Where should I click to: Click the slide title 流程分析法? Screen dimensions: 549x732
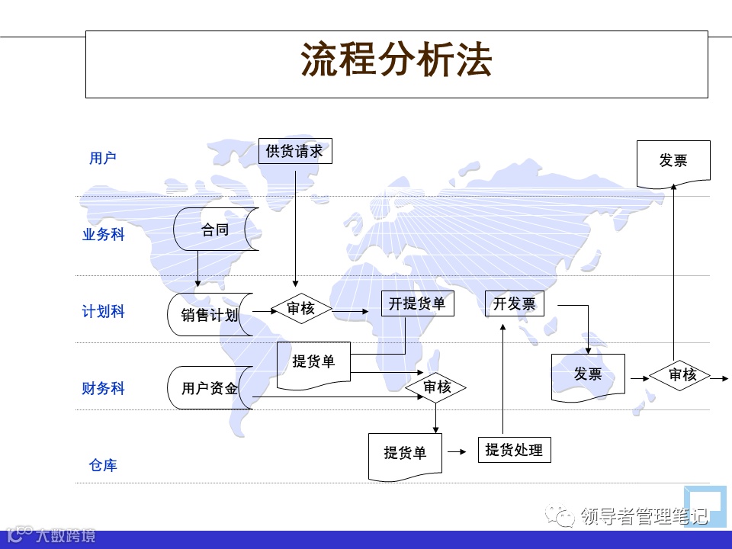[396, 61]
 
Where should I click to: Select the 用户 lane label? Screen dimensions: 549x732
[103, 158]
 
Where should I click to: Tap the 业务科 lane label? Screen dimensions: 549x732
[103, 235]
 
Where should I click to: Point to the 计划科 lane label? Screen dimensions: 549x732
[103, 312]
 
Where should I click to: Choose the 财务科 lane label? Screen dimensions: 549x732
[103, 389]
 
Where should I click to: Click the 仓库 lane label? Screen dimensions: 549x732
[103, 465]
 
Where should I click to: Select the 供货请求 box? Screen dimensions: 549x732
[295, 151]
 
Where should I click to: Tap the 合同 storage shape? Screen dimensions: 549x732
[215, 229]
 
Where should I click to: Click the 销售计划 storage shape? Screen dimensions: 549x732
[209, 314]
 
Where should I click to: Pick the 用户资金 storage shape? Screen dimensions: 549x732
[209, 388]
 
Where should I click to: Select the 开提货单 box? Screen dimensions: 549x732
[417, 303]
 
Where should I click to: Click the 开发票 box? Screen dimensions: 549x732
[514, 303]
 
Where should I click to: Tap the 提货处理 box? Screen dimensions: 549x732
[514, 450]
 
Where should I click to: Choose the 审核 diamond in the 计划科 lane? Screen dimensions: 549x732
[301, 309]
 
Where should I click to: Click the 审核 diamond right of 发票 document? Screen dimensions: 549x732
[682, 374]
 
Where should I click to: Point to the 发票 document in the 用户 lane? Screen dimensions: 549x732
[673, 162]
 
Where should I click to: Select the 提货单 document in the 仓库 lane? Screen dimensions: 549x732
[405, 454]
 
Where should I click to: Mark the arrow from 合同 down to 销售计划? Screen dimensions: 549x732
[197, 268]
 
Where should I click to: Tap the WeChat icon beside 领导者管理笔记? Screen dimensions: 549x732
[567, 518]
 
